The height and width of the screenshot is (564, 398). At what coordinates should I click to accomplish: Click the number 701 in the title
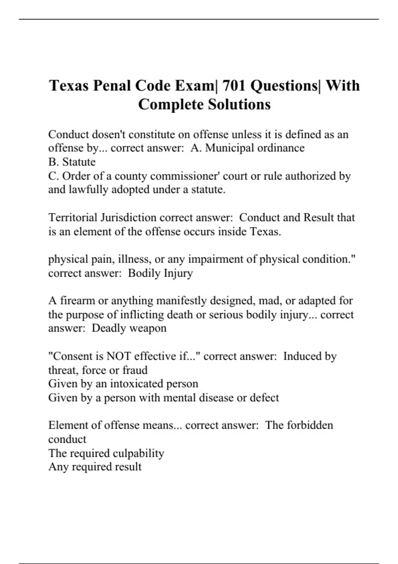(x=234, y=86)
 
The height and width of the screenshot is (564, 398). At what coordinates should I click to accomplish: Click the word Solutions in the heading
(x=239, y=105)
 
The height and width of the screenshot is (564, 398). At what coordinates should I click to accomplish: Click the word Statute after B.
(x=79, y=162)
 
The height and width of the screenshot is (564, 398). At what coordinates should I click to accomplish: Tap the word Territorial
(x=73, y=218)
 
